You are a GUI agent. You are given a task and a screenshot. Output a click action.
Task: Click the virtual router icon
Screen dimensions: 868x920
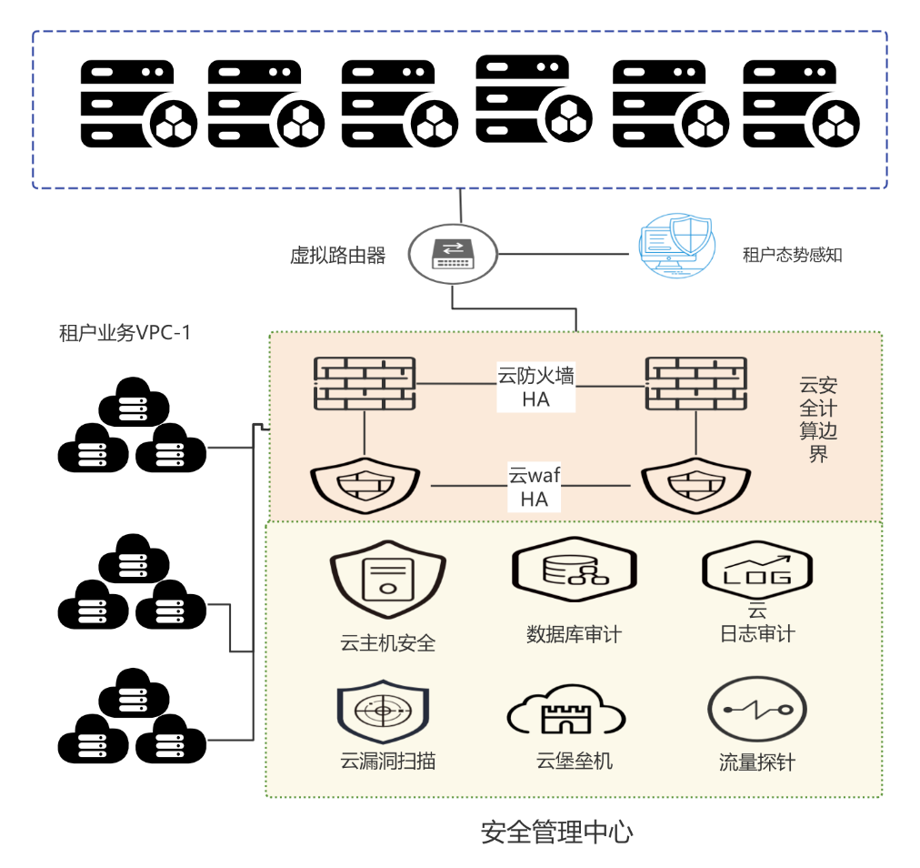tap(452, 252)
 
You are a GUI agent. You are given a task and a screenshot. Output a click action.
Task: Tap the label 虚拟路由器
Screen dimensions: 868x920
tap(337, 256)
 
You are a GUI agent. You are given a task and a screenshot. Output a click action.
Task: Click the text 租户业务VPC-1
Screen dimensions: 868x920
tap(125, 333)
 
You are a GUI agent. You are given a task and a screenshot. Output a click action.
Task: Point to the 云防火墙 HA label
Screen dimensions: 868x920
tap(535, 387)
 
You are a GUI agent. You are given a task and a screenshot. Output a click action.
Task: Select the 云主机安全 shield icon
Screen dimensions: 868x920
tap(386, 580)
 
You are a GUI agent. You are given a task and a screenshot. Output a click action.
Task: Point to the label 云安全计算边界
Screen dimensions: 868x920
tap(818, 418)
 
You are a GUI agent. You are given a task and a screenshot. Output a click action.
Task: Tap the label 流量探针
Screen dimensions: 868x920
tap(756, 762)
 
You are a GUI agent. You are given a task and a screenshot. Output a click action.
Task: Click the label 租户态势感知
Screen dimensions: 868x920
tap(793, 256)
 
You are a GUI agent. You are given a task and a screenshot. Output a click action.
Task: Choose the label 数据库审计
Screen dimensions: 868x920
tap(574, 634)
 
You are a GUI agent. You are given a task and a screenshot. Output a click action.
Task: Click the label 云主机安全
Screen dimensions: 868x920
tap(388, 643)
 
